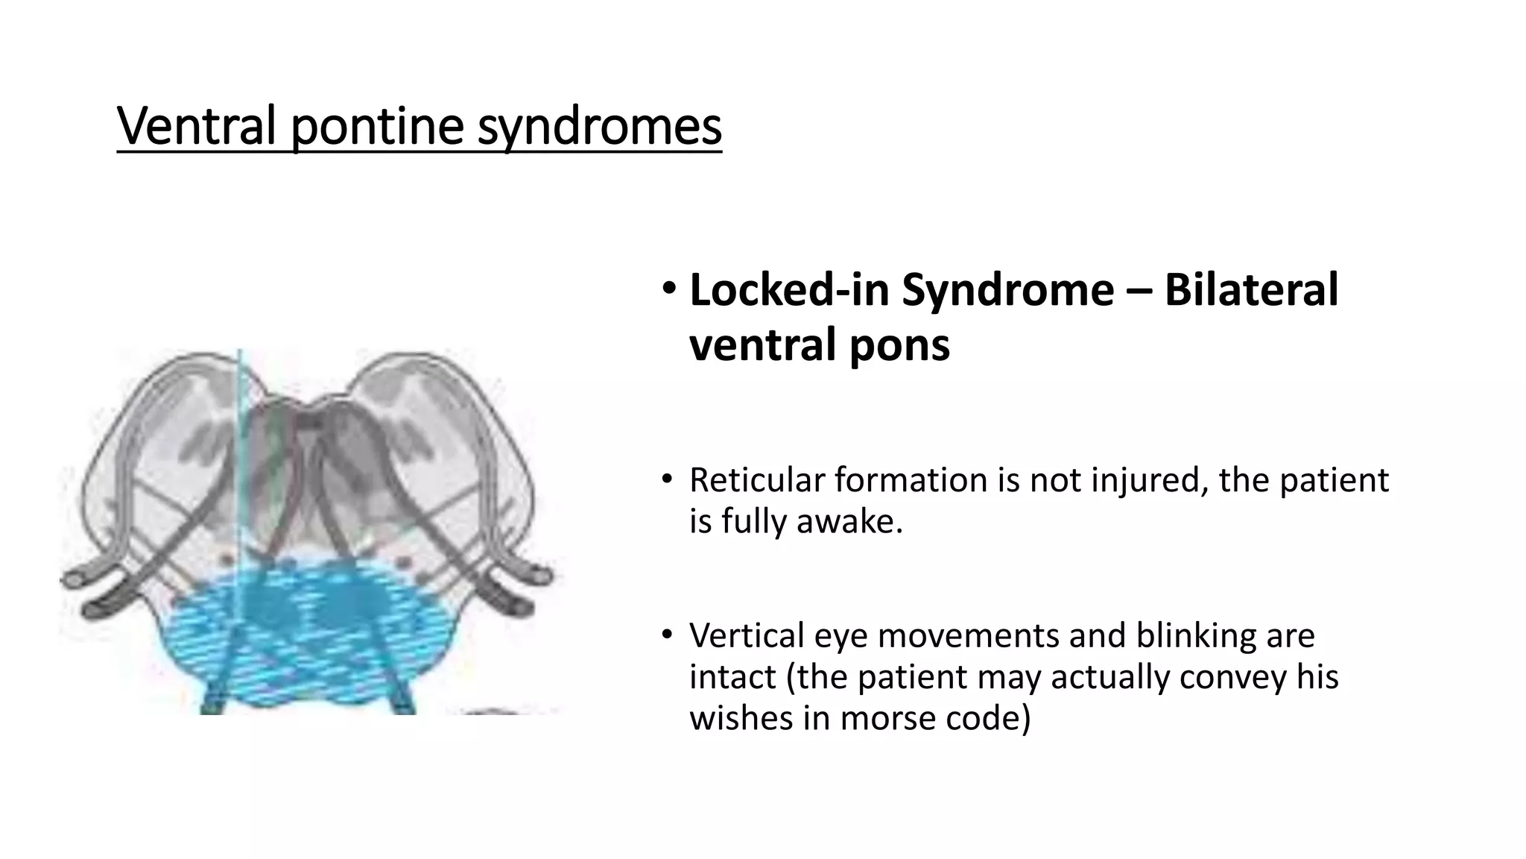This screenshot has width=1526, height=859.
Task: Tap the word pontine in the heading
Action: pyautogui.click(x=377, y=127)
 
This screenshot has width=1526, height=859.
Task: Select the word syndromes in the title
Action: pyautogui.click(x=599, y=127)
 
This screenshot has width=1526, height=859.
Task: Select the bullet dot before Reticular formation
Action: pyautogui.click(x=667, y=479)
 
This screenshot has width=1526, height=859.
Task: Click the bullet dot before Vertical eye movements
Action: pyautogui.click(x=667, y=635)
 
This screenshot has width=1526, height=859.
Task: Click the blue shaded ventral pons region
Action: pyautogui.click(x=313, y=634)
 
